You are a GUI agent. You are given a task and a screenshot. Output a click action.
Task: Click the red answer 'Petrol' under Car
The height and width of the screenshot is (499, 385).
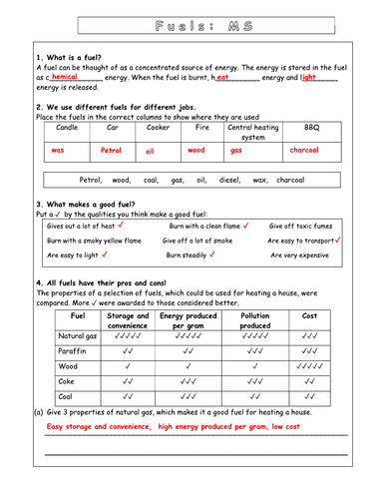coord(111,151)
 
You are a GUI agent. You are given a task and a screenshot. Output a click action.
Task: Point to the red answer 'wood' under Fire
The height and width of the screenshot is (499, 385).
coord(197,151)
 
